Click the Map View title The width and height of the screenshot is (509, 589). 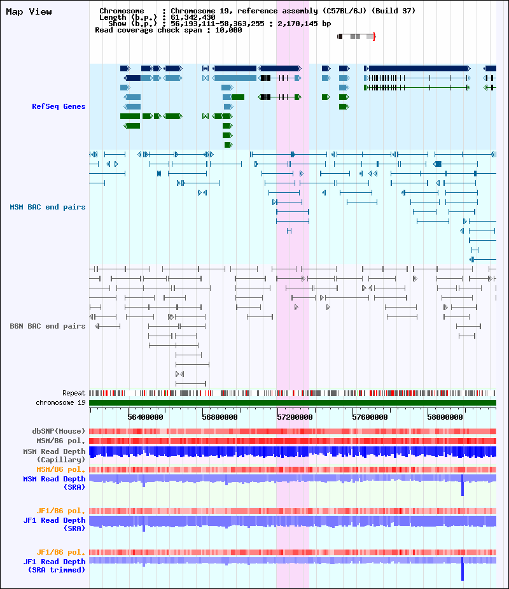pos(29,11)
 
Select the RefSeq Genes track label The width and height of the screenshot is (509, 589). pos(59,106)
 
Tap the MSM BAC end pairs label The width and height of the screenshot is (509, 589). pos(48,207)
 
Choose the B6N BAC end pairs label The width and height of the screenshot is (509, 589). pos(48,326)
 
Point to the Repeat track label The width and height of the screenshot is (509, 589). pos(74,393)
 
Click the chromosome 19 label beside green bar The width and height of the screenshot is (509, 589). pos(61,402)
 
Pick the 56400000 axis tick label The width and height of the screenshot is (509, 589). pos(145,417)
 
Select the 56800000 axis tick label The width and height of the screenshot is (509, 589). pos(220,417)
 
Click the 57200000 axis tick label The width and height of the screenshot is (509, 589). pos(295,417)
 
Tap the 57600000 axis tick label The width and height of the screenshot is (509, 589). pos(370,417)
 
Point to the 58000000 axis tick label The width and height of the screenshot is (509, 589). pos(445,417)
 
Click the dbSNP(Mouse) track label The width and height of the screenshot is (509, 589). pos(59,431)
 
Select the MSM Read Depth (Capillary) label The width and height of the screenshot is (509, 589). pos(55,455)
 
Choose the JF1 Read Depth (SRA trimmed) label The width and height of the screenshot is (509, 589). pos(55,565)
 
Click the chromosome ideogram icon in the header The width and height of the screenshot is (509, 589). pos(356,36)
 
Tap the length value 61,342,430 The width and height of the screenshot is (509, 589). pos(193,17)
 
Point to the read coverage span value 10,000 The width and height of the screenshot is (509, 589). pos(228,30)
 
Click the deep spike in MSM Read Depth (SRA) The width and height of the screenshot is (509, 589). pos(463,485)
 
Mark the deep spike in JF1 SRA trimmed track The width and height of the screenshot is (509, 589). pos(463,569)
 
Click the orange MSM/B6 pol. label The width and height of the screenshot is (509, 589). pos(61,469)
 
